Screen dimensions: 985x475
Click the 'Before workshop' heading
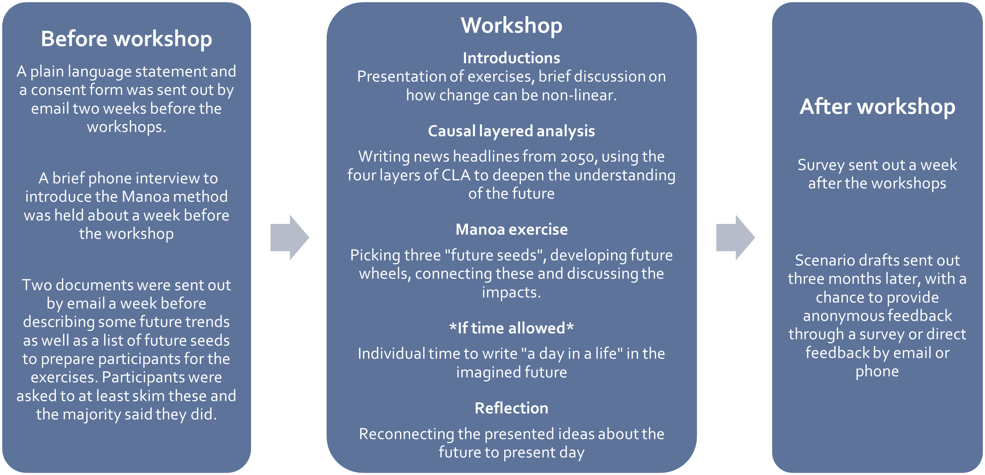(126, 39)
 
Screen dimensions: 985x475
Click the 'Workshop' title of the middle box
(511, 25)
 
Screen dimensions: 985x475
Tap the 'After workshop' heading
(877, 106)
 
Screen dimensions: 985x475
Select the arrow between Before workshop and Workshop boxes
(290, 237)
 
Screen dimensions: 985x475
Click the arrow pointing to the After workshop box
(735, 237)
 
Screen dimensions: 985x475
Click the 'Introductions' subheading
(511, 58)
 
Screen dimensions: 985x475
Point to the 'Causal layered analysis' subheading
(511, 131)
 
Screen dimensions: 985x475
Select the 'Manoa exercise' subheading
(511, 229)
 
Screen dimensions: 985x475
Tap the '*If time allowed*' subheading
(511, 328)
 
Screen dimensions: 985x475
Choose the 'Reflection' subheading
(511, 409)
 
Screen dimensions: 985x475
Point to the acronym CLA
(456, 175)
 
